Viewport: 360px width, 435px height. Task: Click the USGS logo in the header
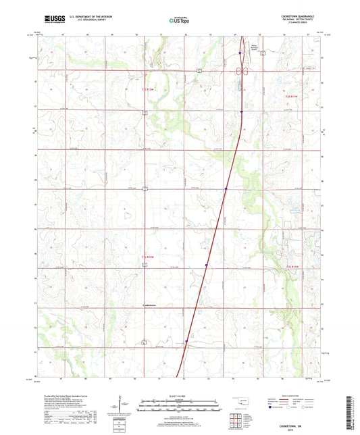(x=50, y=20)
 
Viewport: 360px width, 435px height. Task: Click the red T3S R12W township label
(x=148, y=89)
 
